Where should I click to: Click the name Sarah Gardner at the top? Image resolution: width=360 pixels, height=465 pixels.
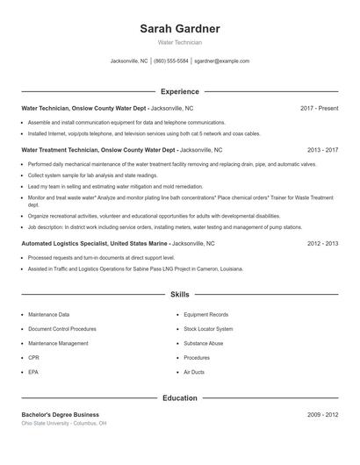pyautogui.click(x=179, y=29)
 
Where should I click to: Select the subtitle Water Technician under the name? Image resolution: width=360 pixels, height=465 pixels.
pyautogui.click(x=179, y=42)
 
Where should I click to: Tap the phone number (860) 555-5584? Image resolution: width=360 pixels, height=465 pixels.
pyautogui.click(x=171, y=61)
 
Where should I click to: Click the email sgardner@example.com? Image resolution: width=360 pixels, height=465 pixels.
pyautogui.click(x=221, y=61)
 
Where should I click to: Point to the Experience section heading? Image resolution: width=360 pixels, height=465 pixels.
pyautogui.click(x=179, y=91)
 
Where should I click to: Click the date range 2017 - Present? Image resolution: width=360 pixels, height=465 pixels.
pyautogui.click(x=319, y=108)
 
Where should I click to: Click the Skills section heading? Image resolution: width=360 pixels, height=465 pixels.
pyautogui.click(x=179, y=295)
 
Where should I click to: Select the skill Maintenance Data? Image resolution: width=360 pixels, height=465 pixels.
pyautogui.click(x=49, y=314)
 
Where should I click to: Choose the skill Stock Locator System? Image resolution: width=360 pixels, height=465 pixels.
pyautogui.click(x=209, y=329)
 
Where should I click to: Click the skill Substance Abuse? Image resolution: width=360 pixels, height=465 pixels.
pyautogui.click(x=204, y=343)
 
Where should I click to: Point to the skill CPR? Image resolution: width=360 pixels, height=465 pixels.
pyautogui.click(x=33, y=358)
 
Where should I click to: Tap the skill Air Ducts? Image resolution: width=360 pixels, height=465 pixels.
pyautogui.click(x=194, y=373)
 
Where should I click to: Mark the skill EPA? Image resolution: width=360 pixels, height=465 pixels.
pyautogui.click(x=33, y=373)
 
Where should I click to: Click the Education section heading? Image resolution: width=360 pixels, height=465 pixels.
pyautogui.click(x=179, y=398)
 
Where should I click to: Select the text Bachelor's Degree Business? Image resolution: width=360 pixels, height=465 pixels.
pyautogui.click(x=60, y=414)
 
